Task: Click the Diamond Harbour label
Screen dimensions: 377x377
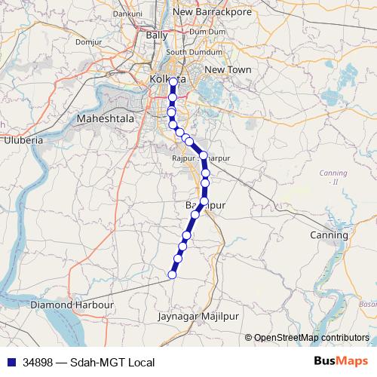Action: click(72, 305)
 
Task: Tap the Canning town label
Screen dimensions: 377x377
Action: click(329, 235)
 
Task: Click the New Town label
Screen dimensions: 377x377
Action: click(227, 69)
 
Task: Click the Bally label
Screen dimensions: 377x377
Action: click(157, 35)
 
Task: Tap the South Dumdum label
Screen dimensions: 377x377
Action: click(187, 52)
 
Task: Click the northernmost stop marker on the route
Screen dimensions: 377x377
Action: click(173, 81)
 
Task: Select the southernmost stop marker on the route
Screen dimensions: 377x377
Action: click(171, 274)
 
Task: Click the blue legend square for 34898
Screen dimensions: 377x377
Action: click(10, 363)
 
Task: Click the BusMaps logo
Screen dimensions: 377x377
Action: click(342, 362)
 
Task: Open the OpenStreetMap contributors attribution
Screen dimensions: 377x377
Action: click(311, 338)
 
